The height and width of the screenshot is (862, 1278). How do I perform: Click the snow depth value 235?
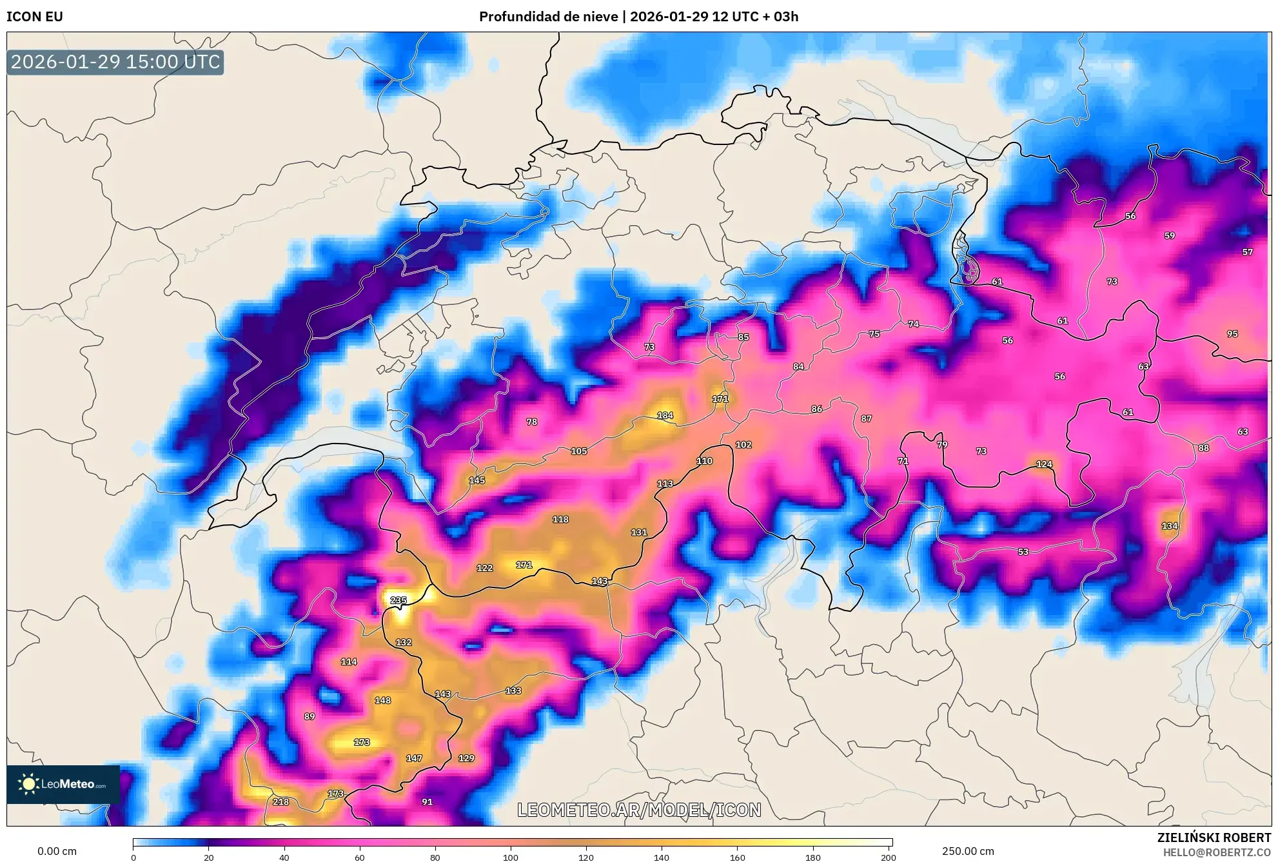click(398, 600)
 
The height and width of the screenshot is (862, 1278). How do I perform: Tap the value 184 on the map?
click(665, 416)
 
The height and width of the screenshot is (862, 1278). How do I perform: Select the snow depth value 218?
click(280, 802)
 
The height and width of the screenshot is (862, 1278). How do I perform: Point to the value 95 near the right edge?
click(1232, 334)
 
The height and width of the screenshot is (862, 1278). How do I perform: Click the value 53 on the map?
click(1023, 552)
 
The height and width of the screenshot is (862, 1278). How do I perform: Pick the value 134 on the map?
click(1170, 526)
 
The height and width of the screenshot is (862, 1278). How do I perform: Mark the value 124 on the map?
click(1044, 464)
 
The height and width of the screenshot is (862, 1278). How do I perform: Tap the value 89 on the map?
click(310, 716)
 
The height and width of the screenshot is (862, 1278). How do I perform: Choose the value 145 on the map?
click(477, 480)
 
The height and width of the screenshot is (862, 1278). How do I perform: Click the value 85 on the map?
click(743, 337)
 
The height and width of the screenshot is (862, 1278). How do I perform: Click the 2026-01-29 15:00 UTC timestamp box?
click(115, 62)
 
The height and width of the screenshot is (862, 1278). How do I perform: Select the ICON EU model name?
click(35, 17)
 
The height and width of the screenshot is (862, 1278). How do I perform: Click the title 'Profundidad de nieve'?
click(548, 17)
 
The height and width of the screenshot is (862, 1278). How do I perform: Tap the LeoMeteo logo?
click(63, 784)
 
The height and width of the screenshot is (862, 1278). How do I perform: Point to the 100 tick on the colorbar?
click(510, 857)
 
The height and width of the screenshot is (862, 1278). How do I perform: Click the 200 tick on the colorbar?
click(888, 857)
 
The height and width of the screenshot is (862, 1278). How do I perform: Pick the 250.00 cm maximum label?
click(967, 851)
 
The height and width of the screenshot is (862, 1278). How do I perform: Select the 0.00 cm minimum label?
click(57, 851)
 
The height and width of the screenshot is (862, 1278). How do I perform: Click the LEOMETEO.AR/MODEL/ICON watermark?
click(639, 810)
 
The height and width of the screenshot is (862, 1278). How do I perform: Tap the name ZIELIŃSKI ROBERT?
click(1214, 838)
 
